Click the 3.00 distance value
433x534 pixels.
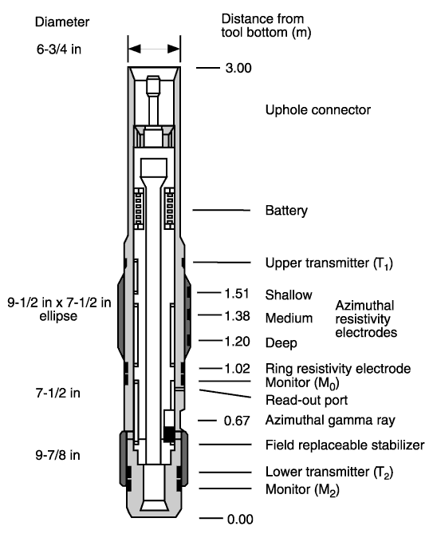pos(238,68)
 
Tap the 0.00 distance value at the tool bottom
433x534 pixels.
pos(240,520)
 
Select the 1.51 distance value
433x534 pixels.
pos(237,293)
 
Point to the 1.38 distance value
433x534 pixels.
pos(237,316)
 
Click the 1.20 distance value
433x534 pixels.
pos(237,342)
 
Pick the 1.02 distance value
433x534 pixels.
pos(237,369)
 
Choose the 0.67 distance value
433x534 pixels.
pos(237,421)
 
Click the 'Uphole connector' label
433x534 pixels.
pos(318,110)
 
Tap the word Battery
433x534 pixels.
pos(286,211)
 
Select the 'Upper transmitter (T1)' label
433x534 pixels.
pos(329,263)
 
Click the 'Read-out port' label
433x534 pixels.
pos(306,400)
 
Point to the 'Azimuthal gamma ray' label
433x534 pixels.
pos(330,420)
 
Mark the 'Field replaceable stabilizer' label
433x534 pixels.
pos(345,445)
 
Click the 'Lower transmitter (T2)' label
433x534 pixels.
pos(329,473)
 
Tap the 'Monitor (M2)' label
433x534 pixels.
pos(302,490)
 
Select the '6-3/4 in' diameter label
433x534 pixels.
pos(59,49)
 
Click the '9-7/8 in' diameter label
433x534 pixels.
pos(58,455)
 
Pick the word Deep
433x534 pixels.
pos(281,343)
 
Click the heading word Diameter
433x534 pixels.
pos(62,22)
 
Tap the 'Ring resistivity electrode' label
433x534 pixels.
pos(338,369)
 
